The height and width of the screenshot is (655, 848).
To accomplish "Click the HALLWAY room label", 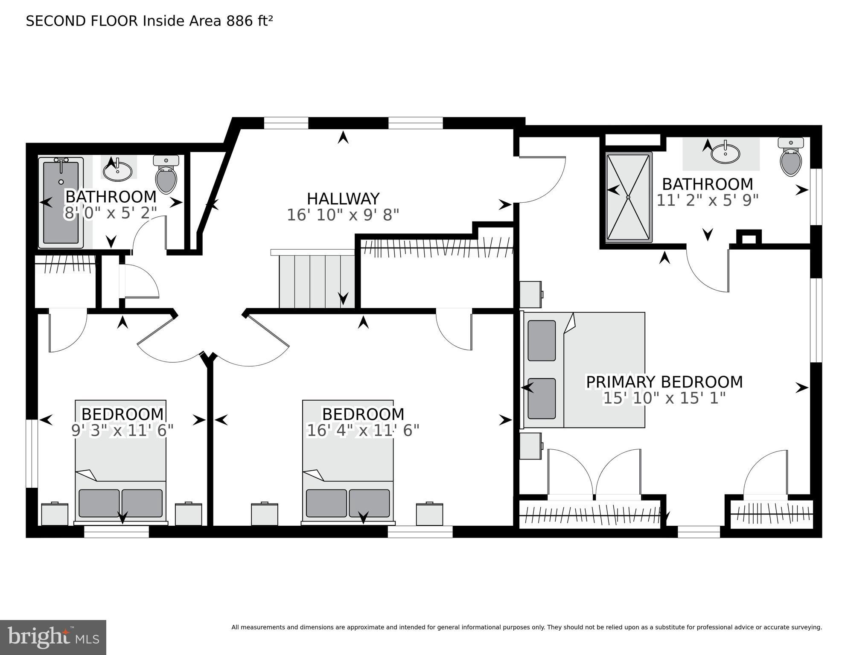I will (x=343, y=199).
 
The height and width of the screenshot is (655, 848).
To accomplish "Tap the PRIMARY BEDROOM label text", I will (x=664, y=382).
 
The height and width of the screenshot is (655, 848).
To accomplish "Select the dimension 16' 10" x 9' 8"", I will (x=343, y=215).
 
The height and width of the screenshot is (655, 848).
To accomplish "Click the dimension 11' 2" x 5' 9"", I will (x=707, y=200).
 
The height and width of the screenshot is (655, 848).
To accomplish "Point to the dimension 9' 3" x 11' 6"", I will (x=122, y=431).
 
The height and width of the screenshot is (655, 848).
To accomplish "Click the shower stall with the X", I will (x=629, y=197).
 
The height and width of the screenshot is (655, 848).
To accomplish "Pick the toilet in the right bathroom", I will (x=791, y=157).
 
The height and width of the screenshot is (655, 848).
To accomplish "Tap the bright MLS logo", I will (x=53, y=637).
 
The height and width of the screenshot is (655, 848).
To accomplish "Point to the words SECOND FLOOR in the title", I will (x=82, y=21).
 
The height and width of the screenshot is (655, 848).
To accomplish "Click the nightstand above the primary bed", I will (x=530, y=294).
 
